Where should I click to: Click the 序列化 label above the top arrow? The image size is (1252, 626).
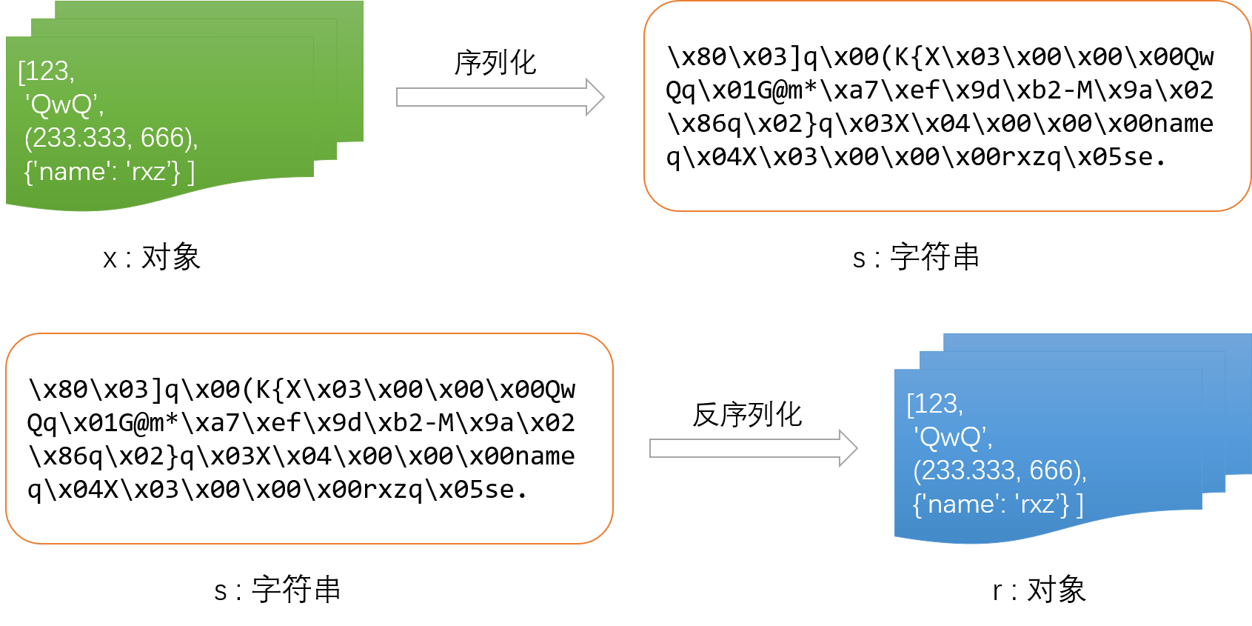tap(495, 63)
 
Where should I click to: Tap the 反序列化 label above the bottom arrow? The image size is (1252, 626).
tap(747, 415)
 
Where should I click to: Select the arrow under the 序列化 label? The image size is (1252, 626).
tap(501, 97)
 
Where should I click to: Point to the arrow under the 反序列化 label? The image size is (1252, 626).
tap(754, 448)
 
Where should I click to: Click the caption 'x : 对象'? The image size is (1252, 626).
tap(152, 257)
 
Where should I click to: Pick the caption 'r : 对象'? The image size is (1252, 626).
tap(1039, 590)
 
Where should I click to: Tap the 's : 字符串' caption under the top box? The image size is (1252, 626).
tap(916, 257)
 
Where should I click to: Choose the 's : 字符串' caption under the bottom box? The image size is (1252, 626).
tap(277, 590)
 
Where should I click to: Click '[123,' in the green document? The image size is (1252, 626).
tap(46, 72)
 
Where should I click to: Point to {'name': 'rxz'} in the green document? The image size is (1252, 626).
tap(101, 172)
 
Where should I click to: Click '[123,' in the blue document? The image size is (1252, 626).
tap(934, 404)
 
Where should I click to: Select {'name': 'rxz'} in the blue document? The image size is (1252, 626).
tap(991, 504)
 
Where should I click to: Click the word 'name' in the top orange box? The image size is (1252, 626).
tap(1183, 124)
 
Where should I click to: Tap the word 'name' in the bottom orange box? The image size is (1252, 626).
tap(544, 456)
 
